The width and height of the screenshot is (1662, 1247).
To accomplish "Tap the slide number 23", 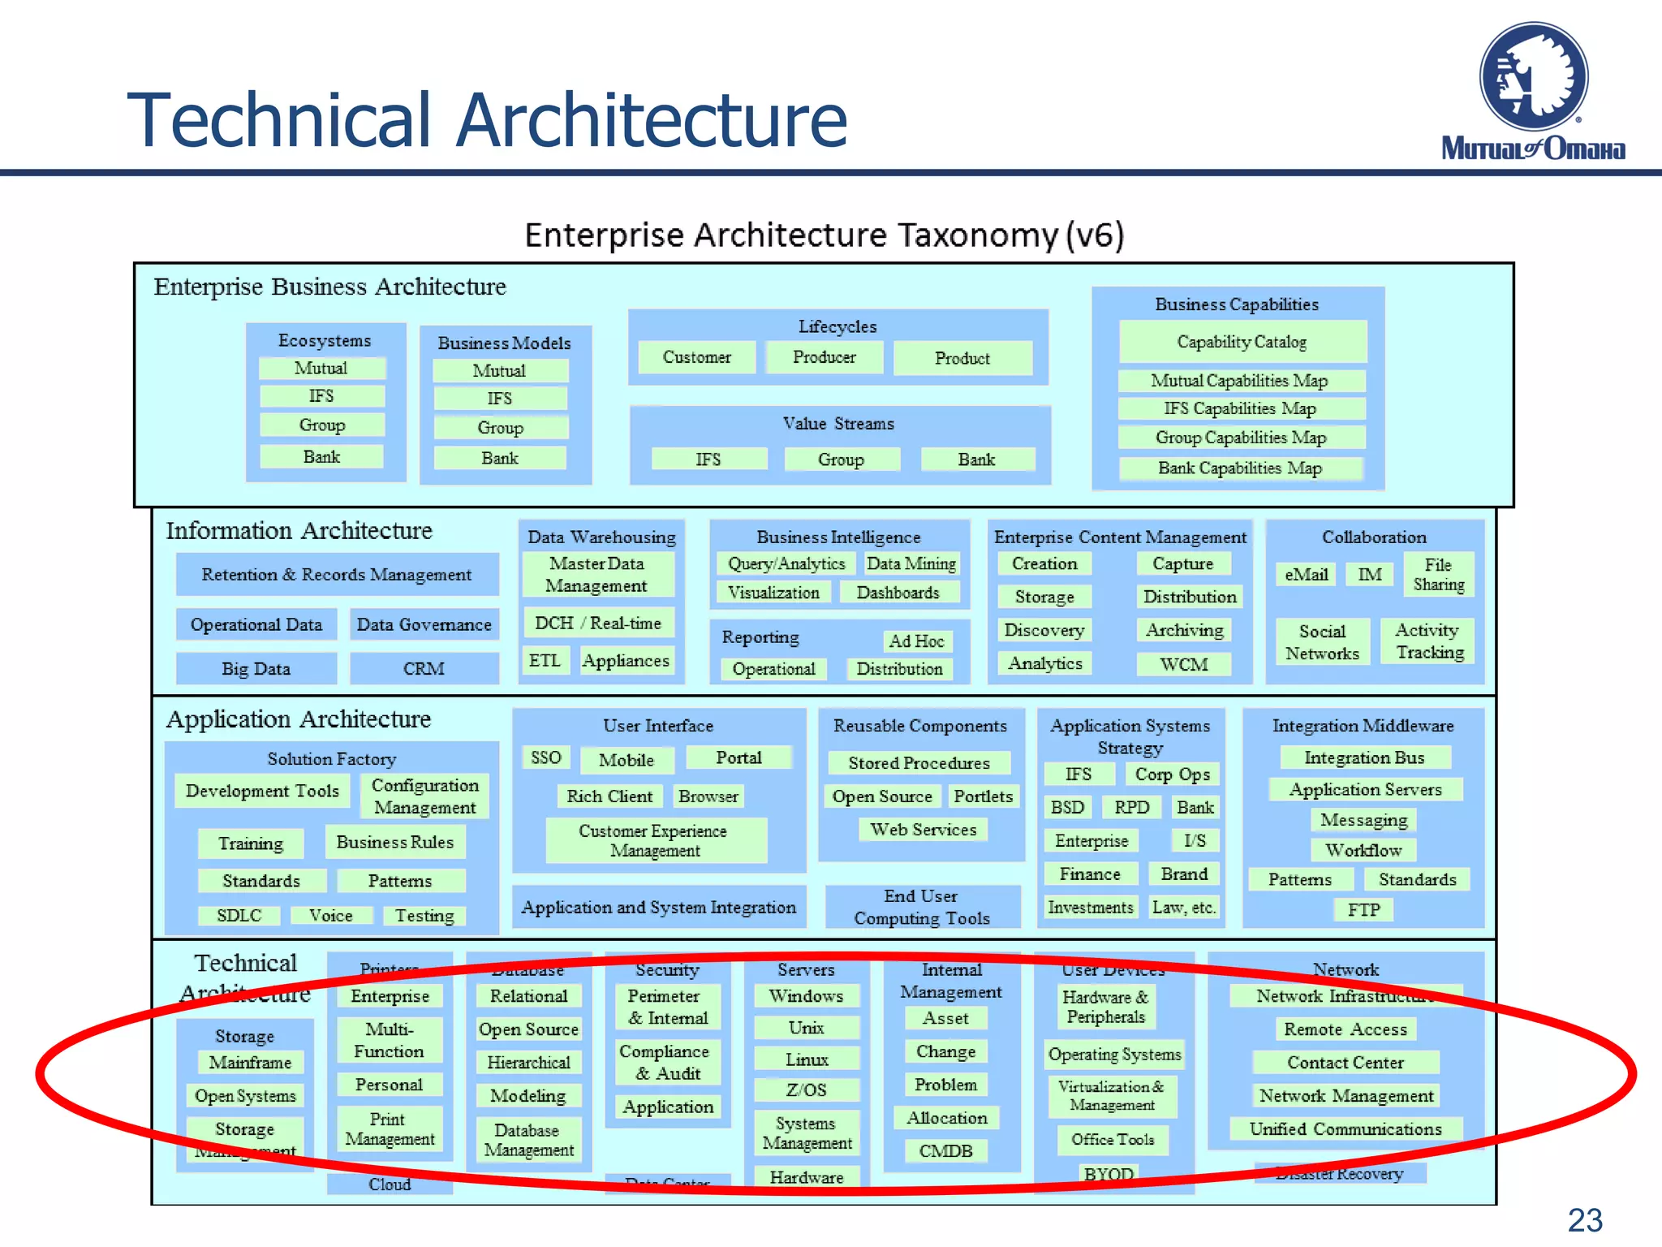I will point(1584,1220).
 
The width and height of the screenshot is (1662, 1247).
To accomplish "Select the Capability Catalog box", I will point(1242,342).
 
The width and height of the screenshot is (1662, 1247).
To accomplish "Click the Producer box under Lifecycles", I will point(825,357).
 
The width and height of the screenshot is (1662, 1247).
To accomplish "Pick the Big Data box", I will point(256,669).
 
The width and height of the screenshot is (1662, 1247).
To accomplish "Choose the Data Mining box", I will point(911,563).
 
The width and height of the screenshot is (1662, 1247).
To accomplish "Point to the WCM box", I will point(1183,664).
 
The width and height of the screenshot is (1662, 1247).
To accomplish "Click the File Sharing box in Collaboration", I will point(1438,574).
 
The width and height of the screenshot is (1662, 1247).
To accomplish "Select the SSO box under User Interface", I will point(545,757).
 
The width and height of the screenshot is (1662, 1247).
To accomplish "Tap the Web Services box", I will point(923,830).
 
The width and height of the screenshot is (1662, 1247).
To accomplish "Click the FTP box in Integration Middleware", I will point(1363,910).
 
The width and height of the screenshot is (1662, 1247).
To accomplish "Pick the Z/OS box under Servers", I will point(806,1090).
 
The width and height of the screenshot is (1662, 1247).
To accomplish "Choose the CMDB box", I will point(945,1150).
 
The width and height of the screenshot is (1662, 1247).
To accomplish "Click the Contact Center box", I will point(1345,1063).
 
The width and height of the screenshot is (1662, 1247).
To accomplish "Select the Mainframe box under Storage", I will point(250,1063).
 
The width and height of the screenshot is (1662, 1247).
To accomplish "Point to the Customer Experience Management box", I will point(655,840).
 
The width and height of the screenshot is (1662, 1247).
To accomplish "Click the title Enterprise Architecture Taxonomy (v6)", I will point(824,235).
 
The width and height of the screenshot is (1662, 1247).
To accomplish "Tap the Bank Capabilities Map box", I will point(1239,468).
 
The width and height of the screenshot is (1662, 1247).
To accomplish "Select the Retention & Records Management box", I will point(336,575).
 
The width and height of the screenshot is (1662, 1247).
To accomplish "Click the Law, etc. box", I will point(1183,907).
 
